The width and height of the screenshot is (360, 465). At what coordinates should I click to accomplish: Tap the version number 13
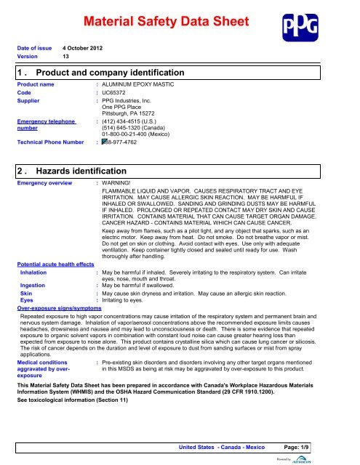[66, 57]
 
